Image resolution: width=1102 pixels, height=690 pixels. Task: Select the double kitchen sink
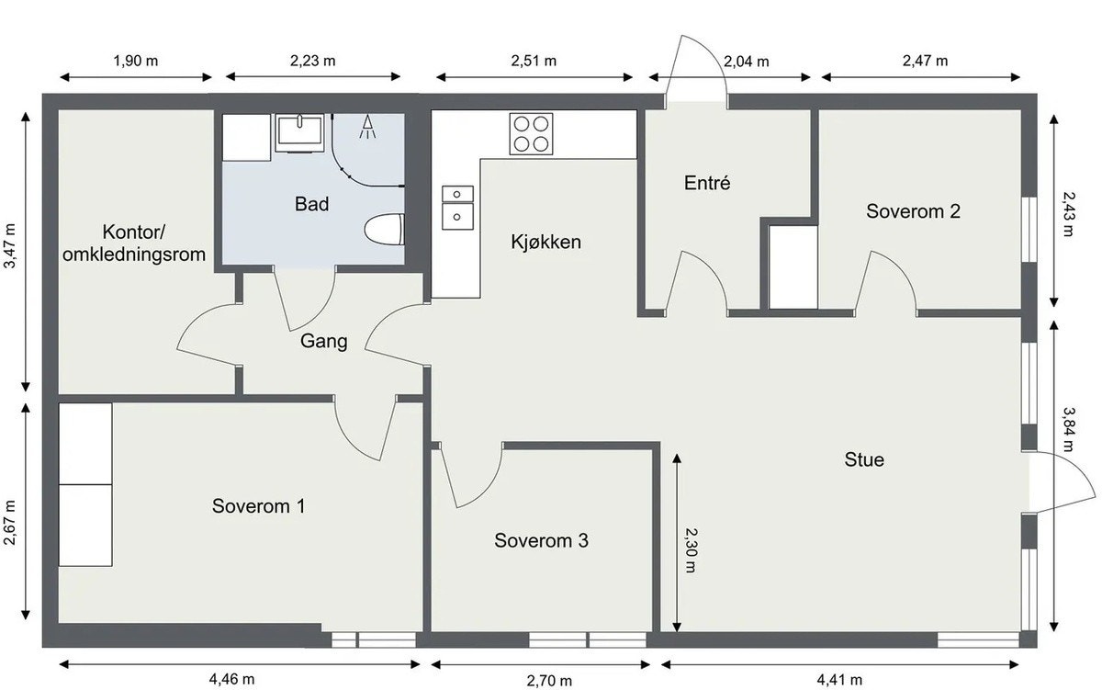457,205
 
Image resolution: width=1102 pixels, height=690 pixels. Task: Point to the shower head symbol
368,126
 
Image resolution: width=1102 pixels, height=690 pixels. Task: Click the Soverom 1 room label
259,505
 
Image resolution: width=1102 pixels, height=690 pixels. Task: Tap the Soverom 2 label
914,211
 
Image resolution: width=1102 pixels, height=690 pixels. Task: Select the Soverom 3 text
541,540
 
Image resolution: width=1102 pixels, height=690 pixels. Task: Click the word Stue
864,458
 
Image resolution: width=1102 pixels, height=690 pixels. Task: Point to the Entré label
707,183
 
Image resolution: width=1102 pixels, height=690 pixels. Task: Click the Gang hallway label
324,342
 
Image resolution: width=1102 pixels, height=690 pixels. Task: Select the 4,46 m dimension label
227,680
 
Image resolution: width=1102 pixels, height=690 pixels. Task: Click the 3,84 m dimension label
1068,429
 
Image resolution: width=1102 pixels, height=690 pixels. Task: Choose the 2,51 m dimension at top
534,62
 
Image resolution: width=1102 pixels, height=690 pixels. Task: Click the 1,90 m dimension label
135,62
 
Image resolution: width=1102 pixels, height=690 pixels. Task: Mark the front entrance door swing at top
695,69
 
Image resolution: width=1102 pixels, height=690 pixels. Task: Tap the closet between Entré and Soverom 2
793,266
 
